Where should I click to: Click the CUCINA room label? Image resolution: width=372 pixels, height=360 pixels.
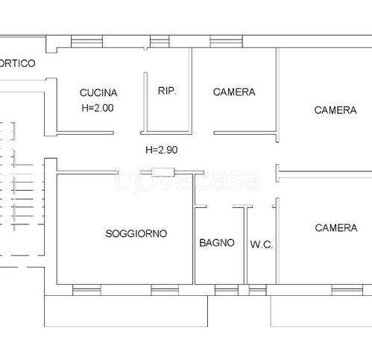point(98,92)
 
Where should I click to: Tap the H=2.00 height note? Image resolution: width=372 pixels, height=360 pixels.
point(98,108)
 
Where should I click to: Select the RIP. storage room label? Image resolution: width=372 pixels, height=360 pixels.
point(167,91)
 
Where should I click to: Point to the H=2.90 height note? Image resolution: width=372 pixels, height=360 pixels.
point(162,150)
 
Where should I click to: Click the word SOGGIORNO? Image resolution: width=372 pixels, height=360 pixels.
point(136,233)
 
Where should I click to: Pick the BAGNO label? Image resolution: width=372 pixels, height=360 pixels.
point(217,243)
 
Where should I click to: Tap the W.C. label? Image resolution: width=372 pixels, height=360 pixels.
point(262,244)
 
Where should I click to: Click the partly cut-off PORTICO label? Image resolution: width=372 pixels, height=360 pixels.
point(17,63)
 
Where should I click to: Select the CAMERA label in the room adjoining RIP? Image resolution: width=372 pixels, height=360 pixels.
point(234,92)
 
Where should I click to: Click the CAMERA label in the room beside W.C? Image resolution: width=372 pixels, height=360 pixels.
point(336,228)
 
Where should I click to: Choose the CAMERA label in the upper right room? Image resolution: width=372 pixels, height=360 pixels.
point(335,110)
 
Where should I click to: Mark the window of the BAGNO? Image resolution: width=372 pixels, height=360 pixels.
point(227,290)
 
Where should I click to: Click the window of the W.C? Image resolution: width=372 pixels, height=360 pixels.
point(258,290)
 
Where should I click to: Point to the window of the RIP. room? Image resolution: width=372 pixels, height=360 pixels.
point(160,41)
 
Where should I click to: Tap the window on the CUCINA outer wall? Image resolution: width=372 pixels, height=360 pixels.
point(86,41)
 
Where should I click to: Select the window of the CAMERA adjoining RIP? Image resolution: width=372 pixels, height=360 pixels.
point(226,41)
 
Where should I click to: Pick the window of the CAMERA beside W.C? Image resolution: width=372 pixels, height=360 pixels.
point(347,290)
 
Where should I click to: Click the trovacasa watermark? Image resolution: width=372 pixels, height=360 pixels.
point(187,180)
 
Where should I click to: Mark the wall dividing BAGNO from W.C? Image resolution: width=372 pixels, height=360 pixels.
point(245,245)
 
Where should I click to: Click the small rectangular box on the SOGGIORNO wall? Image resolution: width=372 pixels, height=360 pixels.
point(163,172)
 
